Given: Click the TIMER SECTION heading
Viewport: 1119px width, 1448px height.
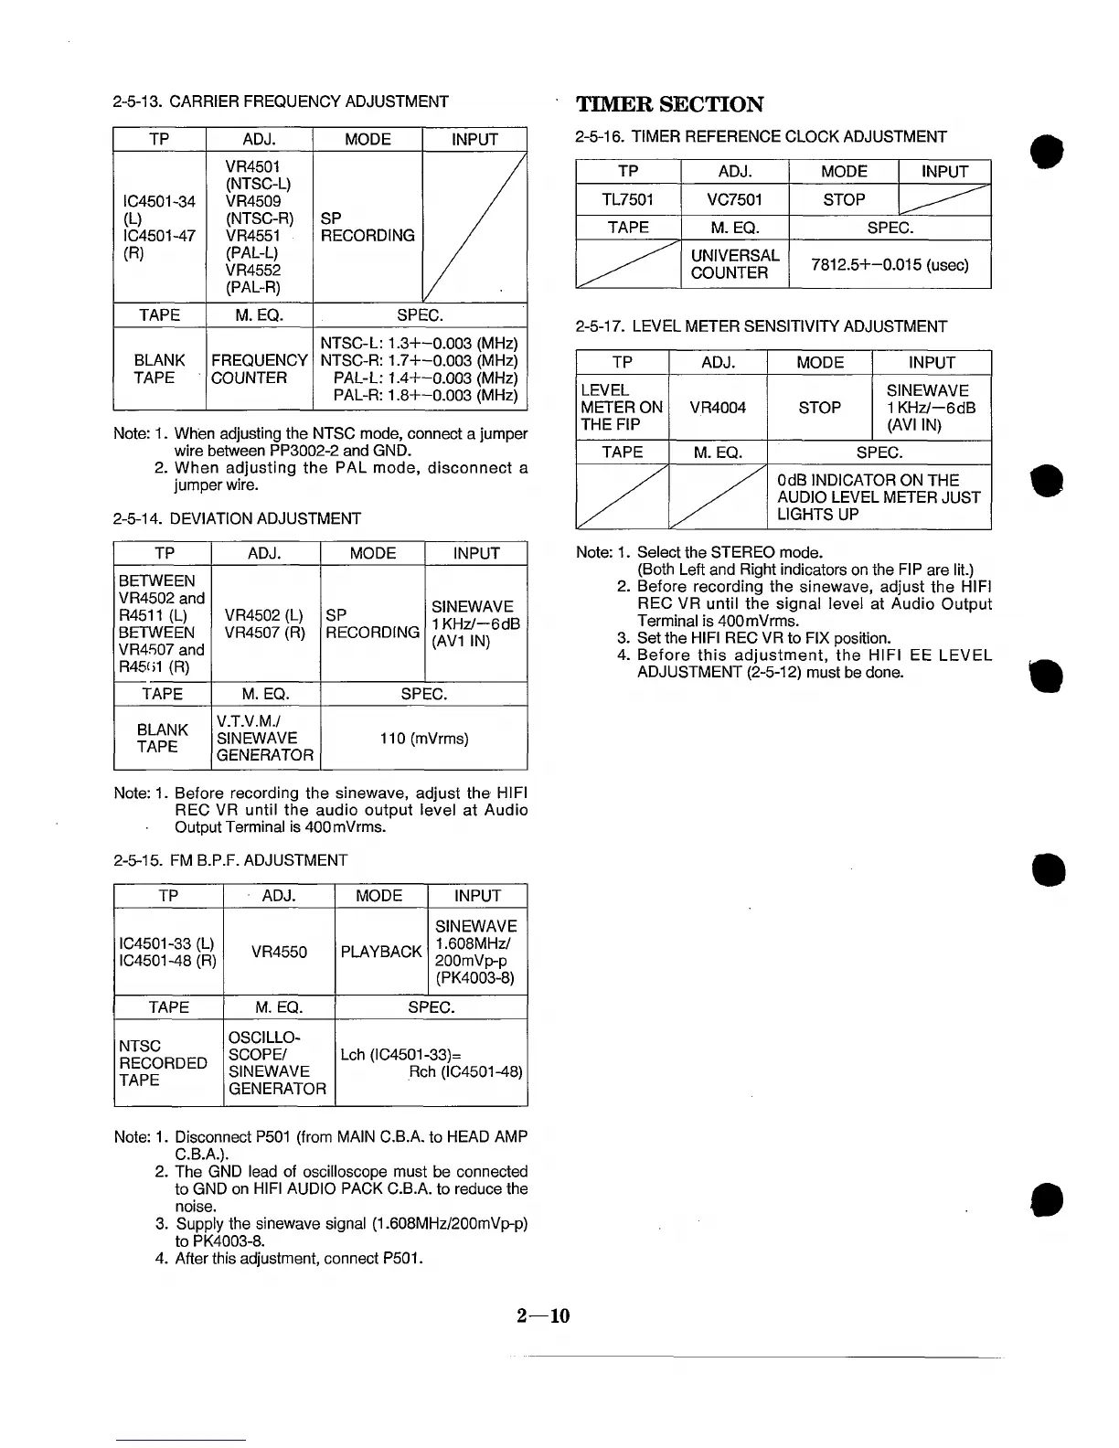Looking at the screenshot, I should click(669, 104).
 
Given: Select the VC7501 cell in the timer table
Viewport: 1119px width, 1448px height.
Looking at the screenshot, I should click(734, 199).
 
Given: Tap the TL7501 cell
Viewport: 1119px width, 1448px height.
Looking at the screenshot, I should click(628, 199).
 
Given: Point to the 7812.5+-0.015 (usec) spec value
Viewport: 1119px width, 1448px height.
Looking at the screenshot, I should click(889, 265).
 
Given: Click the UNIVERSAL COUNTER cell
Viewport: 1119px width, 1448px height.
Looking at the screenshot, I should click(734, 264).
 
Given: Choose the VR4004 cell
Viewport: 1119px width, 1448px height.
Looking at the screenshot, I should click(718, 408).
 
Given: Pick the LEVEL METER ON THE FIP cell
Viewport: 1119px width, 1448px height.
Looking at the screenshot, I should click(622, 408).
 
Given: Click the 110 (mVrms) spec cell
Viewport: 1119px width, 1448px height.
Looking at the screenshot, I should click(423, 738).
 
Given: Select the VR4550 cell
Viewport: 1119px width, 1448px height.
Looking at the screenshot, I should click(279, 952).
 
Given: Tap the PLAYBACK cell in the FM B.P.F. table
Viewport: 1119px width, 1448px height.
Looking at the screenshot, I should click(381, 952).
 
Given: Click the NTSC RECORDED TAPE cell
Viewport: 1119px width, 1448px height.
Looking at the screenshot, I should click(163, 1062).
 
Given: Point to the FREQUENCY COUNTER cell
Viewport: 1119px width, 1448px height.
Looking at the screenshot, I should click(259, 369).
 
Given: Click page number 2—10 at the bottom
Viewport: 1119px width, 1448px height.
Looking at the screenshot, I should click(543, 1315).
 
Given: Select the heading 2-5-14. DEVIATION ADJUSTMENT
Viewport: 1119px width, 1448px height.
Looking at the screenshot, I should click(237, 518).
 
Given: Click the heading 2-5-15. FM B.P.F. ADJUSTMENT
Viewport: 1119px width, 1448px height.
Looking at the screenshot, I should click(230, 860).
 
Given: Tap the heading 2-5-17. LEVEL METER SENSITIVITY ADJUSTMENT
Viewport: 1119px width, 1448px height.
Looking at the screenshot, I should click(762, 326).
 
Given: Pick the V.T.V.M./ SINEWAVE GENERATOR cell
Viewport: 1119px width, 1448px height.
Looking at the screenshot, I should click(265, 738).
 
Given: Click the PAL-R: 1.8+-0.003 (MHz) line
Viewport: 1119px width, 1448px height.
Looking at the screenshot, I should click(425, 396).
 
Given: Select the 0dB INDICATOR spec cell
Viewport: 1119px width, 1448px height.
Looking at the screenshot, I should click(878, 497).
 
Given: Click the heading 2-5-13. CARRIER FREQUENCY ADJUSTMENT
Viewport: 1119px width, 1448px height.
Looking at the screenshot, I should click(281, 101).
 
